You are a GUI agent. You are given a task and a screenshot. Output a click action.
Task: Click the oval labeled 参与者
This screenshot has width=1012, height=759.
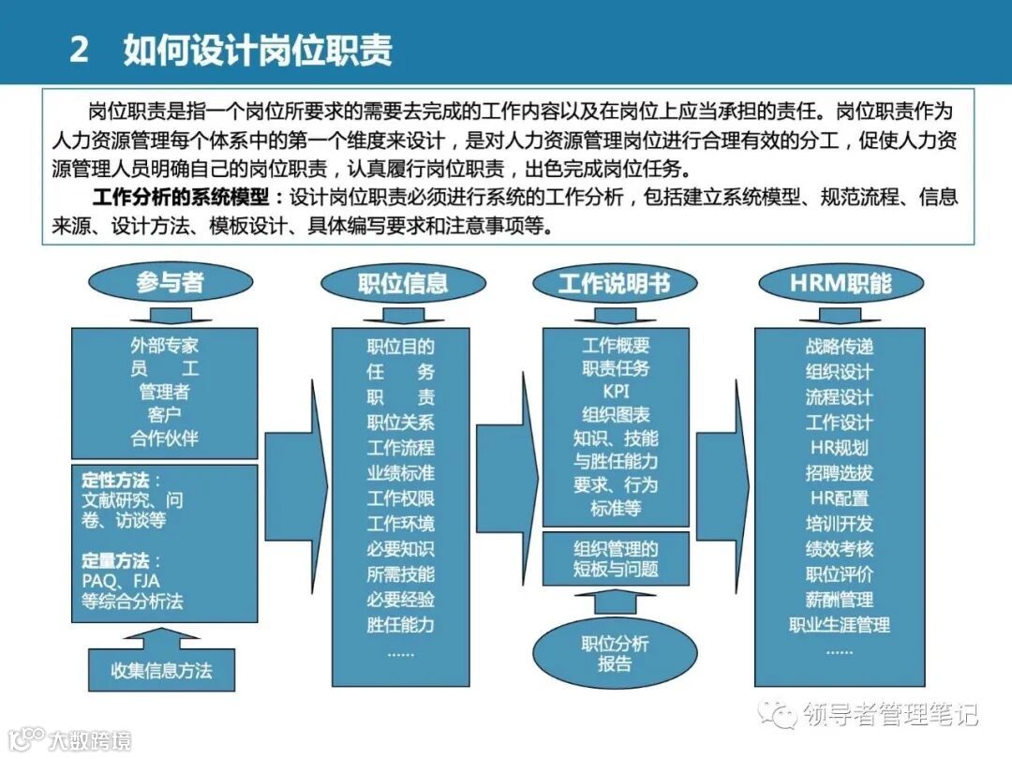click(x=170, y=283)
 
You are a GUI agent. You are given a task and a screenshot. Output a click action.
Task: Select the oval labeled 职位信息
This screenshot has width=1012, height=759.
click(x=403, y=283)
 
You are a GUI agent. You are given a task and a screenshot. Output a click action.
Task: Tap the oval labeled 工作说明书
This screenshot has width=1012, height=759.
click(x=615, y=283)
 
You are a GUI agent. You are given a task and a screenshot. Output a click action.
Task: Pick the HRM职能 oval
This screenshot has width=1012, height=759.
click(x=840, y=283)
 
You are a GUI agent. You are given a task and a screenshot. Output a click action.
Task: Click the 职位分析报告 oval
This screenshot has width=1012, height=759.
click(x=615, y=653)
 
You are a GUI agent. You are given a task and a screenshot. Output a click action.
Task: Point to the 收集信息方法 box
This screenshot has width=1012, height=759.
click(x=161, y=670)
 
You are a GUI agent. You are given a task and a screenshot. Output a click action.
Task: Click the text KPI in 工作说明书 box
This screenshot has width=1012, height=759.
click(x=616, y=392)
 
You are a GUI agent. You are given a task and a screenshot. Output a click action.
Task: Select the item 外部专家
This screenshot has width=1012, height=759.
click(x=165, y=346)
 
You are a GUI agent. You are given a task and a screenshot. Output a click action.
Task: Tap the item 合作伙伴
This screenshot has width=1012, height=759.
click(x=165, y=437)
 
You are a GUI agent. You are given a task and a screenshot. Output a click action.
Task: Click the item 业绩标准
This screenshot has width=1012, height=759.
click(x=400, y=472)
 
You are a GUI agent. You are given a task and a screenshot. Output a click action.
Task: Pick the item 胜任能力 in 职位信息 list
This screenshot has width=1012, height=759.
click(x=400, y=624)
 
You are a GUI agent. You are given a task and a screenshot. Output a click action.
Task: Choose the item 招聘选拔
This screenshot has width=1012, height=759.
click(x=839, y=472)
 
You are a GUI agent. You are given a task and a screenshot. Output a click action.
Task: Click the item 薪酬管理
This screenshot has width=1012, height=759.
click(x=839, y=599)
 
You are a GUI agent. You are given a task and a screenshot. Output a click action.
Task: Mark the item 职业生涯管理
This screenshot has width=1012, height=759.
click(x=839, y=624)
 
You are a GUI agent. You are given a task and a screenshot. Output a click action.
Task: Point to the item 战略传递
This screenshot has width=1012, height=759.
click(x=839, y=346)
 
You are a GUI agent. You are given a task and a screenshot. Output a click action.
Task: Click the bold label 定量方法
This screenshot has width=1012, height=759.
click(x=115, y=560)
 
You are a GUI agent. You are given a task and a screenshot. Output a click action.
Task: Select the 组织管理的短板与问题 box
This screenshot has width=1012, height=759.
click(x=616, y=558)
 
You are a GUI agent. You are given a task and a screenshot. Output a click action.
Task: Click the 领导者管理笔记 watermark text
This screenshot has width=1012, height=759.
click(x=890, y=715)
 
